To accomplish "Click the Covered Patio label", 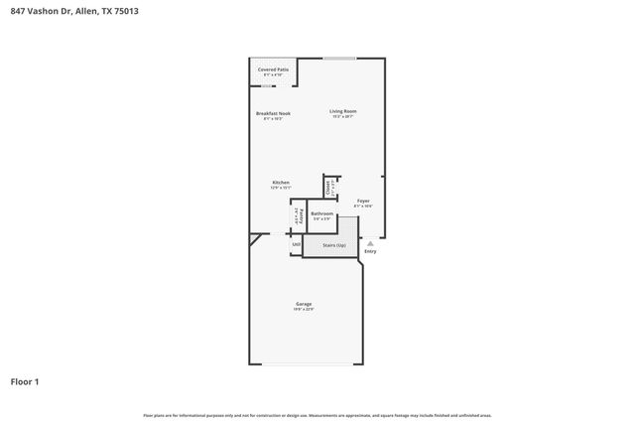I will [x=273, y=70].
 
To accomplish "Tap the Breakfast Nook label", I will [x=273, y=113].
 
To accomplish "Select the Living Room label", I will [x=343, y=111].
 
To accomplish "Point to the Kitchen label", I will [x=281, y=182].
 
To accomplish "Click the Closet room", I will [x=328, y=187].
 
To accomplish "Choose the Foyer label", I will [x=363, y=201].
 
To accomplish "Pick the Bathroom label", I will [x=321, y=213].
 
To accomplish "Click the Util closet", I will [x=296, y=244].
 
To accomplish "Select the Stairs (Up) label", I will [x=333, y=243].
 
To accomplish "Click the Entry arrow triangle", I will [x=370, y=242].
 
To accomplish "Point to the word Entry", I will [x=370, y=251].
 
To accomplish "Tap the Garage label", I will [x=304, y=304].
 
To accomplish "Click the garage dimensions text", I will [x=304, y=310].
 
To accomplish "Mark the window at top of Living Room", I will [x=339, y=58].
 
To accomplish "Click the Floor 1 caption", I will [x=25, y=381].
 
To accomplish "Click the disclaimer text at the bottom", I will [x=317, y=415].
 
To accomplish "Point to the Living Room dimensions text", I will [x=343, y=117].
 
